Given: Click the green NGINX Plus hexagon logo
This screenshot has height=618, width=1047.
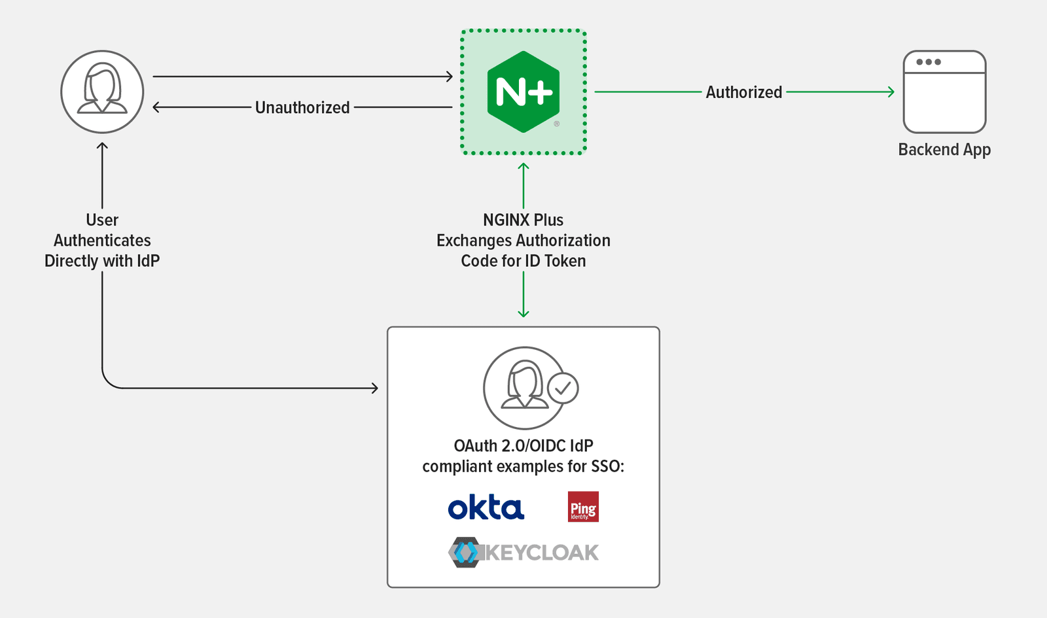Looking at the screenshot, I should [x=523, y=92].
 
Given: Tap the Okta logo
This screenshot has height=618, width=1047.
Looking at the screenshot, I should [x=486, y=507].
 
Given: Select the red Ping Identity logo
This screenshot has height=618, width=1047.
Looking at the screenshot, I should [x=583, y=507].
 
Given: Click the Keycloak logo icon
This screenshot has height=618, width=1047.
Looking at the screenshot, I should [x=465, y=553].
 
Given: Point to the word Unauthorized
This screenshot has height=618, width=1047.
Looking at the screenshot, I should [x=302, y=107].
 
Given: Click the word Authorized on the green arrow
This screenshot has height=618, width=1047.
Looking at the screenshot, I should [x=743, y=92].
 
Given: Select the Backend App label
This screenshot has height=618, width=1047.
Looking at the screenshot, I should [x=944, y=150].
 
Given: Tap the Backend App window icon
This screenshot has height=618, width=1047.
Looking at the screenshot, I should [x=944, y=92].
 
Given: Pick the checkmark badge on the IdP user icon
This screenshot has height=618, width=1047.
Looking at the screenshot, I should [x=563, y=388].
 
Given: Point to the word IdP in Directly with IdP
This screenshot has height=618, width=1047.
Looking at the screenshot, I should [x=149, y=261].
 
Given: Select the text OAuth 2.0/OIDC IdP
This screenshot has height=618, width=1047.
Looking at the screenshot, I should [x=523, y=446].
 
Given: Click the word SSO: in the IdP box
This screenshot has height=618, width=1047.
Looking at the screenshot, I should [x=608, y=466].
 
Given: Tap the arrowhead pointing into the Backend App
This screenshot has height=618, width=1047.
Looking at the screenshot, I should [x=891, y=92].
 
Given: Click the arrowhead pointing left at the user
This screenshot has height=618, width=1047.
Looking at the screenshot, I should [x=156, y=107].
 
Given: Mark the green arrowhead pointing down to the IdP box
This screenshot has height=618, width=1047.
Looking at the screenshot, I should [x=523, y=314].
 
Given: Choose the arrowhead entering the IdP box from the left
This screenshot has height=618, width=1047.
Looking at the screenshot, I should [x=375, y=388].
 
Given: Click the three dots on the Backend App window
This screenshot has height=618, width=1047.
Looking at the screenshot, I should [x=929, y=62].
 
